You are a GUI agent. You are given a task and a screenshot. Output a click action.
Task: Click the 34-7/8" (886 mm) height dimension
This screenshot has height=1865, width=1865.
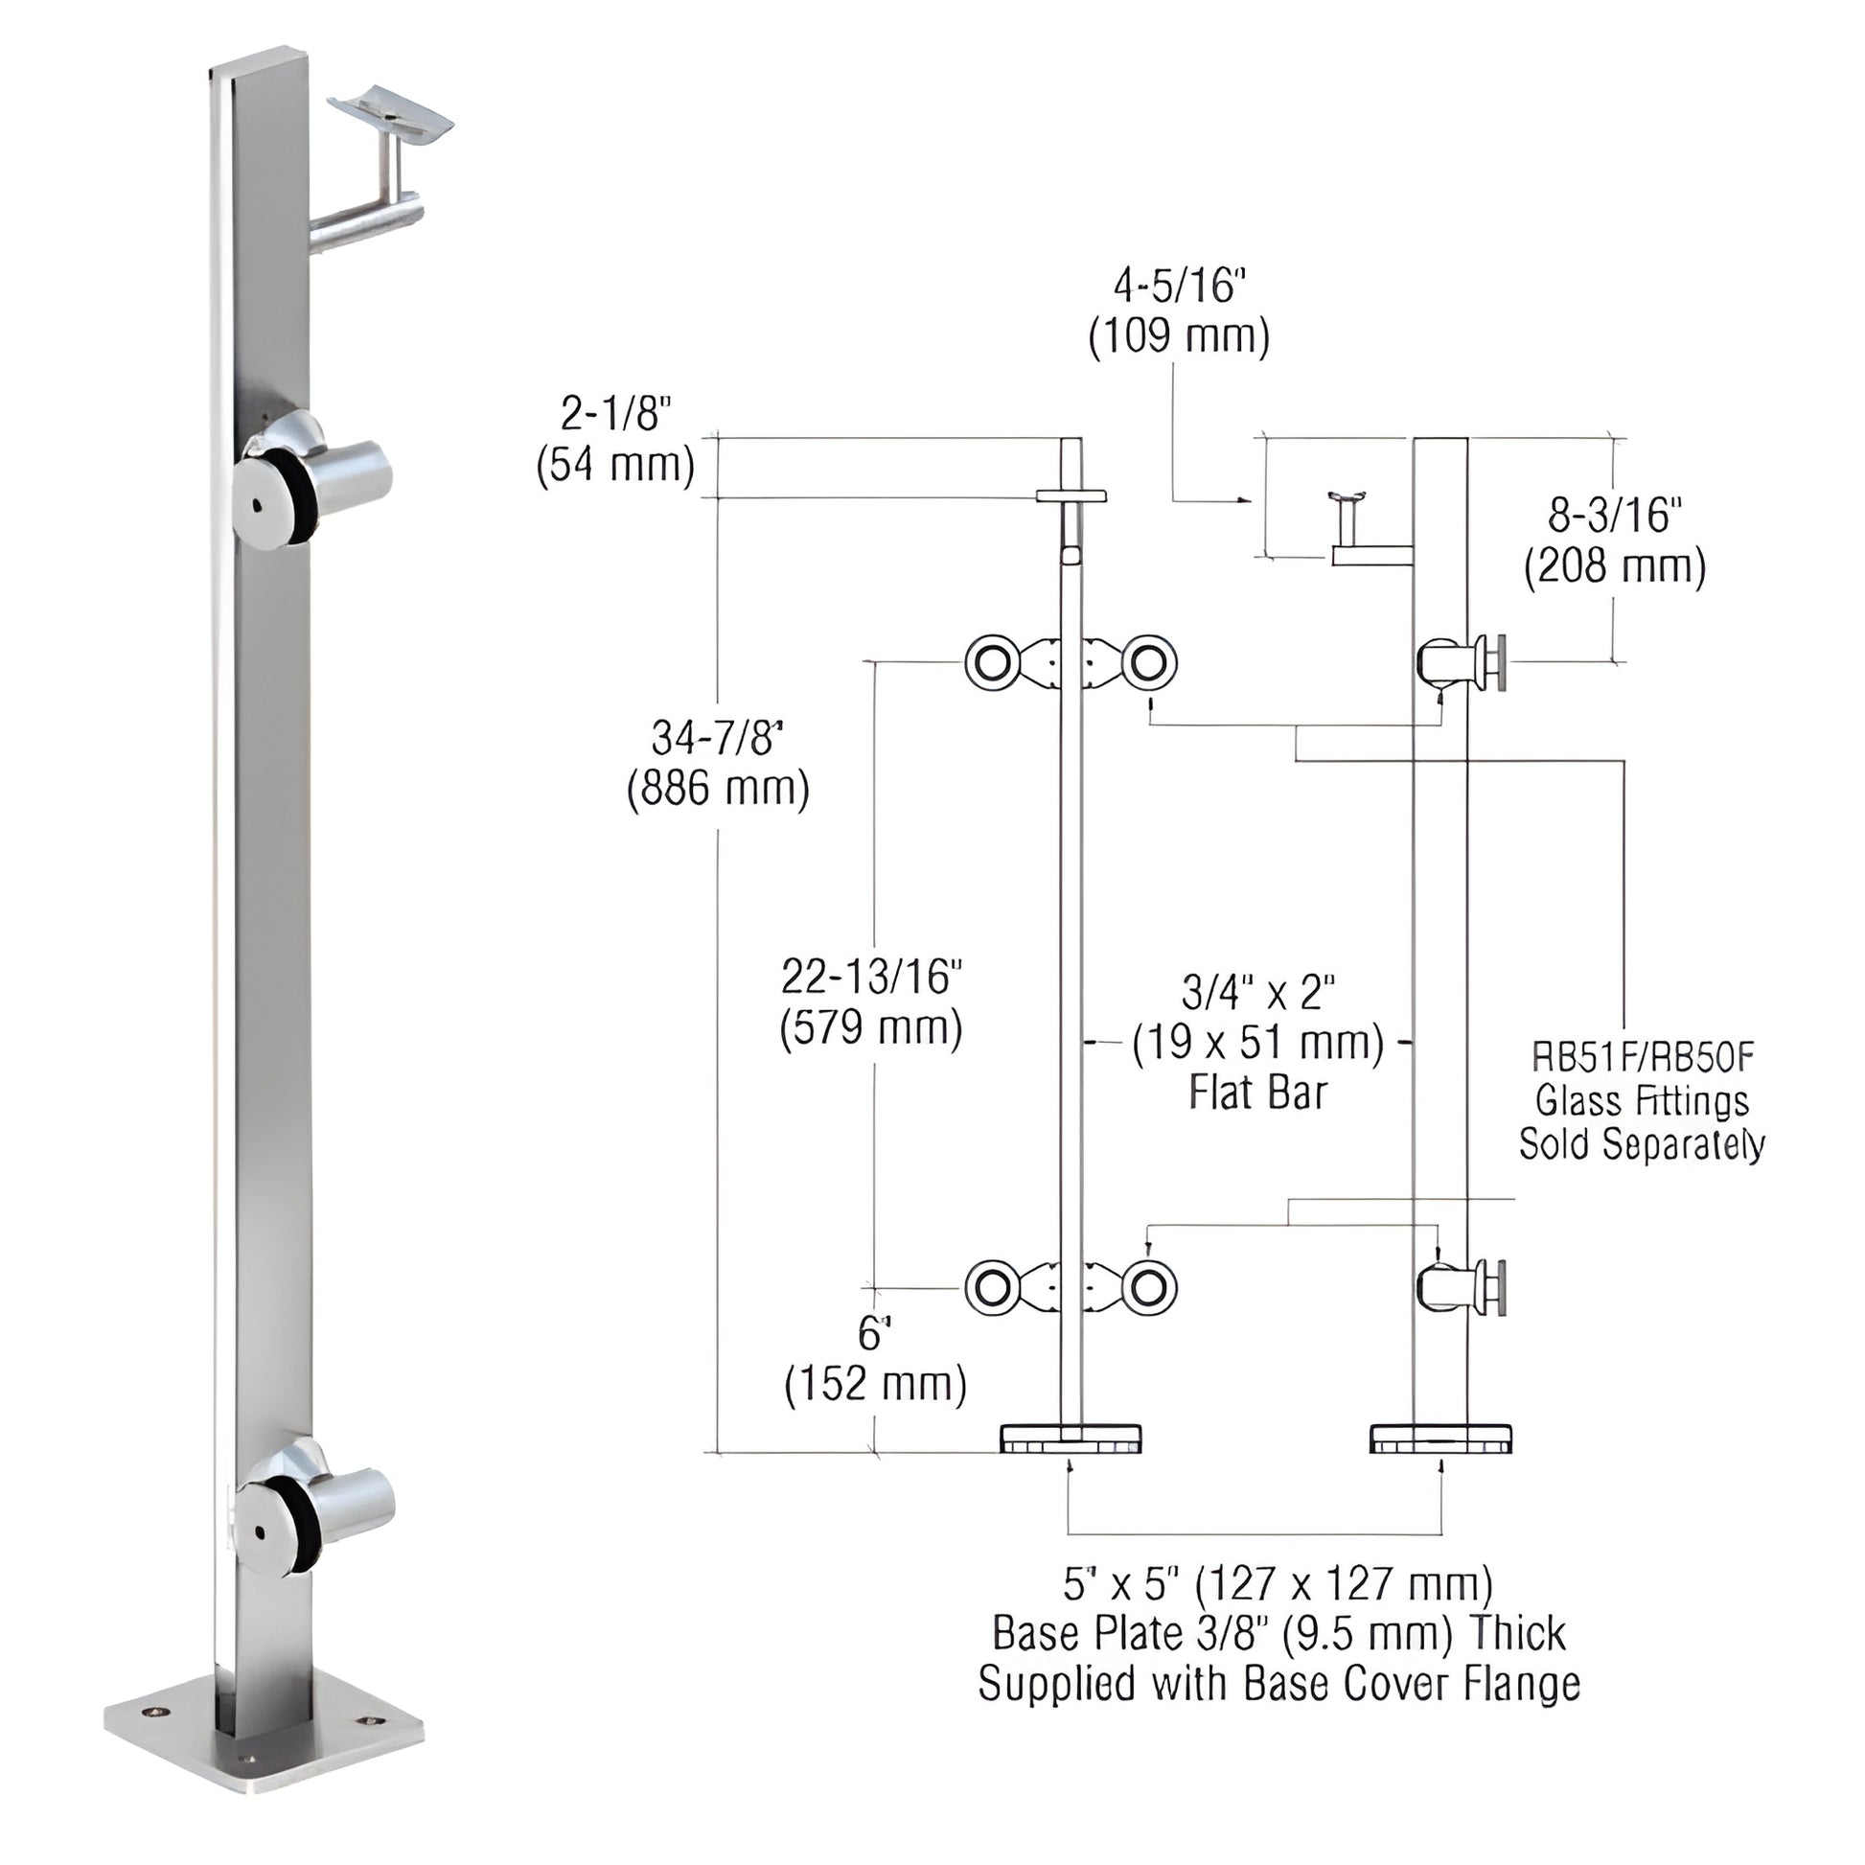coord(717,764)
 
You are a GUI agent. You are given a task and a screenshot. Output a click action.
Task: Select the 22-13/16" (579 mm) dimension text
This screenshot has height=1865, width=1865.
coord(871,1003)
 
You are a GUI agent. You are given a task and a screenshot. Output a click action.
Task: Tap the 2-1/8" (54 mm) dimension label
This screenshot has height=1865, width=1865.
coord(615,439)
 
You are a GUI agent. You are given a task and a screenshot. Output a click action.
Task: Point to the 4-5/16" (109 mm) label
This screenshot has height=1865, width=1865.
coord(1179,311)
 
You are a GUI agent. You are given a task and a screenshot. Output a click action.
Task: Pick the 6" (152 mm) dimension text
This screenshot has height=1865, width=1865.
coord(875,1361)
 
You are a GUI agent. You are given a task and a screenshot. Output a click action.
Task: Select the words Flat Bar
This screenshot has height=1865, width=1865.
coord(1256,1093)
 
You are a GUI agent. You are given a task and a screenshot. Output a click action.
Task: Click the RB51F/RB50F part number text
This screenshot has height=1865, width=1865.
coord(1642,1058)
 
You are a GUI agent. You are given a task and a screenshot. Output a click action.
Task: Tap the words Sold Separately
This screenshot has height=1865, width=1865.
coord(1641,1144)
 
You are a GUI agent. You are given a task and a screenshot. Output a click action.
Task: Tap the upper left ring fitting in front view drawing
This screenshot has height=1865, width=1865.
coord(990,663)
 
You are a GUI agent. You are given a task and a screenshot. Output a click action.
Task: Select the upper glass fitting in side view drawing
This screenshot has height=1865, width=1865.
coord(1462,663)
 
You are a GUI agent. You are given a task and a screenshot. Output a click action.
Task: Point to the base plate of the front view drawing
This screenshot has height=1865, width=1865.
coord(1071,1439)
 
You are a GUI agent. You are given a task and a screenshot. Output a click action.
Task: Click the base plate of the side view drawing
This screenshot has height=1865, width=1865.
coord(1440,1439)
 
